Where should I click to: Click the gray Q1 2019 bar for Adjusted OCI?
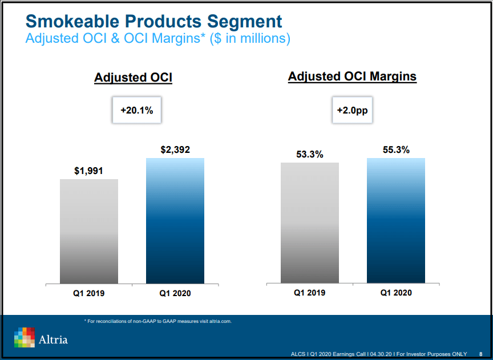tap(89, 231)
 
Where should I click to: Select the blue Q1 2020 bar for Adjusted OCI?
tap(175, 221)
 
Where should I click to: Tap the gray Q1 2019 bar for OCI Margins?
tap(310, 223)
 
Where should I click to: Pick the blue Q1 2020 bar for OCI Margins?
tap(396, 220)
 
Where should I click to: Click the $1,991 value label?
tap(88, 171)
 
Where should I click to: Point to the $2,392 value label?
tap(175, 150)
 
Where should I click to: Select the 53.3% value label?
tap(309, 154)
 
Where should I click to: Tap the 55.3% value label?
tap(396, 150)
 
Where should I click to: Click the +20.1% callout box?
tap(136, 110)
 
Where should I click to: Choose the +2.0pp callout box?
tap(352, 110)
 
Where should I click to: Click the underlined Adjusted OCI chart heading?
tap(133, 78)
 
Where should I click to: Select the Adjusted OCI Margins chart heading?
tap(352, 76)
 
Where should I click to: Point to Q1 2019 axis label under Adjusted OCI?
tap(88, 293)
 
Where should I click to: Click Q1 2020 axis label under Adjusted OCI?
tap(175, 293)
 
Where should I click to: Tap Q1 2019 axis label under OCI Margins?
tap(309, 293)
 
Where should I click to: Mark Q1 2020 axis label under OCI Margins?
tap(396, 293)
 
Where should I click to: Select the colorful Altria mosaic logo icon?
tap(25, 337)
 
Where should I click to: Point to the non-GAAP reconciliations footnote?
tap(157, 321)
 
